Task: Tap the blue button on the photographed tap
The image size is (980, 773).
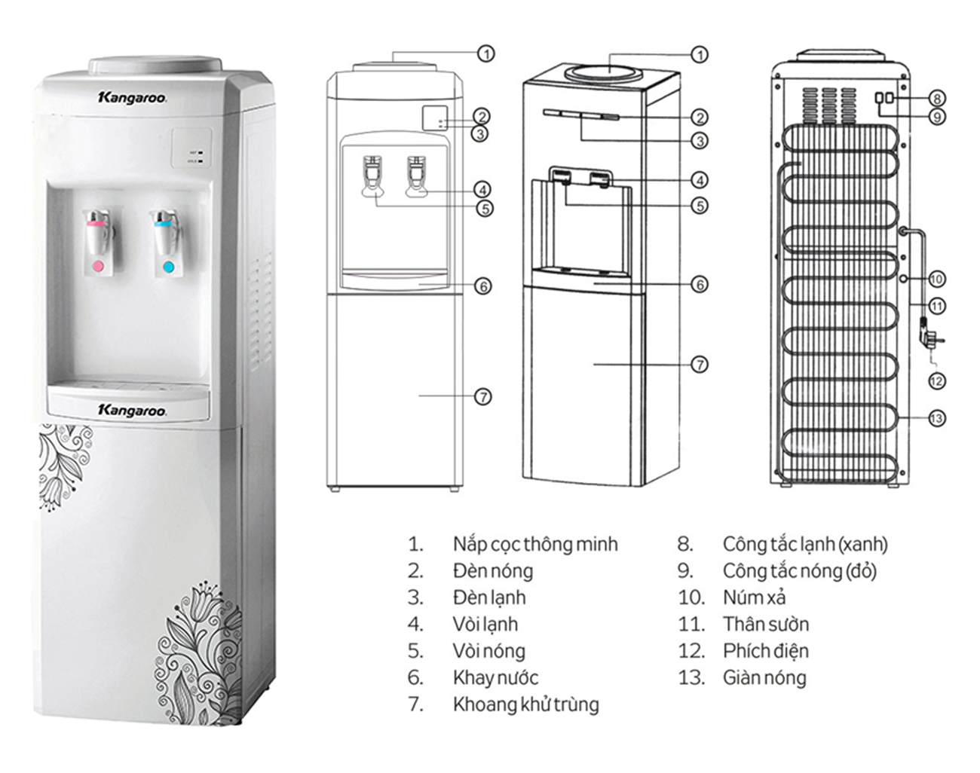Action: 168,267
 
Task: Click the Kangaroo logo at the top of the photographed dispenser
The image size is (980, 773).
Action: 132,97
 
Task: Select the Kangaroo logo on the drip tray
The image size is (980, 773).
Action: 132,410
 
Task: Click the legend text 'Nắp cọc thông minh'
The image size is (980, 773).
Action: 534,544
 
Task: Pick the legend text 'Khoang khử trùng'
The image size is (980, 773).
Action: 525,704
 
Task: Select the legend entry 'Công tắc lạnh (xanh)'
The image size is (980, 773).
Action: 804,544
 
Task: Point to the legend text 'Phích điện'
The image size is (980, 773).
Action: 765,651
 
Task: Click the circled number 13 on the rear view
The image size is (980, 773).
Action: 936,418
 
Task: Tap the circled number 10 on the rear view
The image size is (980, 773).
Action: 936,279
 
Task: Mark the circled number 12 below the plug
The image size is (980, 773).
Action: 936,381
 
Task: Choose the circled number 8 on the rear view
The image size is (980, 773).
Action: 936,98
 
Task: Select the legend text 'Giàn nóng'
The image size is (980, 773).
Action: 764,678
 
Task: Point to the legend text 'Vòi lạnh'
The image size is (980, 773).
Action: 485,625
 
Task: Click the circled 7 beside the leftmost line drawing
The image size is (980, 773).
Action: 483,397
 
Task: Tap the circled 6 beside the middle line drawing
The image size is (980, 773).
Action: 700,284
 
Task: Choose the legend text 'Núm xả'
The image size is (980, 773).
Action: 754,597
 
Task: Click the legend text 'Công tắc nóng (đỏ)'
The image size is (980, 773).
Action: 799,571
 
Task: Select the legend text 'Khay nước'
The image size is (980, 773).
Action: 495,678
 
